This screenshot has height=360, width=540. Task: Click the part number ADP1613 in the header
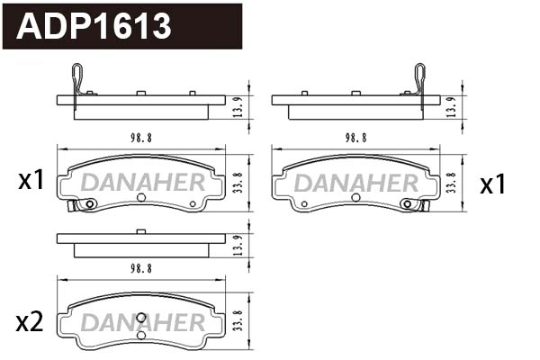click(94, 26)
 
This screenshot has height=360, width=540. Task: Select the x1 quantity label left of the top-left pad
click(31, 182)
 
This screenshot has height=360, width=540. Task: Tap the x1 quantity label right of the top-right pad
click(492, 185)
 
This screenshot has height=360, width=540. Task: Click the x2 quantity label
click(31, 321)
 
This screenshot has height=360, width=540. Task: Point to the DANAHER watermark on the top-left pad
click(141, 183)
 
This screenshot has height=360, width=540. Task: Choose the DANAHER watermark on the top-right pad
click(356, 184)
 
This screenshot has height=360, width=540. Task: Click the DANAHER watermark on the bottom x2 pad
click(141, 321)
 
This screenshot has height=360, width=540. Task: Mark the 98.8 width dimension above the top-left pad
click(140, 138)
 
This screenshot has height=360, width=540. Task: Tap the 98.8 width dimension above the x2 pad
click(140, 268)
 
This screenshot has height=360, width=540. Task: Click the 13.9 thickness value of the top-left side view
click(236, 107)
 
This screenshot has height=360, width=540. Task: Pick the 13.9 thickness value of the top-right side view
click(450, 107)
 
